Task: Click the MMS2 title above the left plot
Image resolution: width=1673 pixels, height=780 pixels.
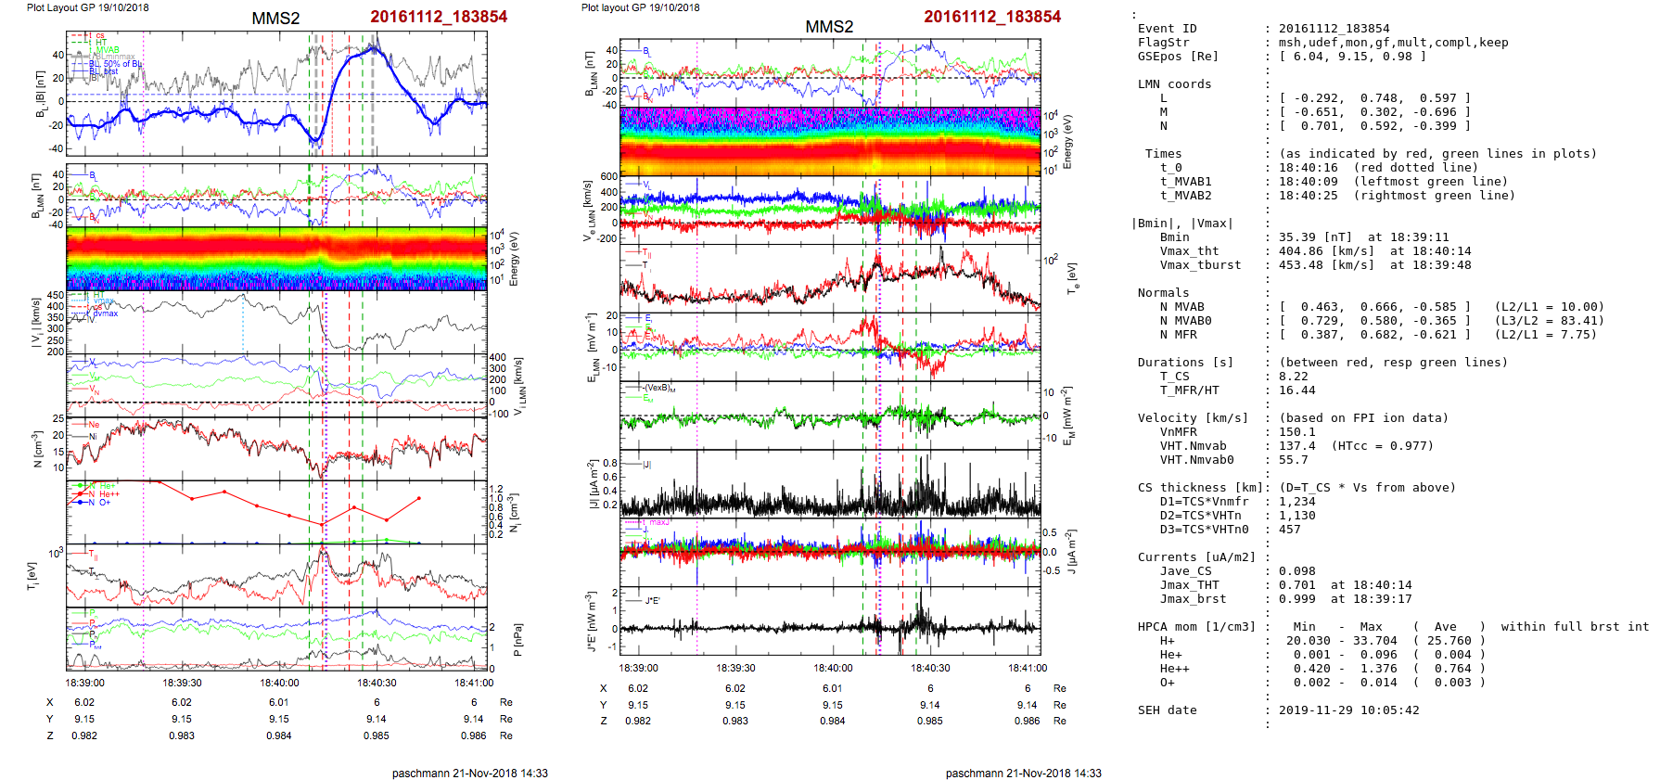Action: (275, 19)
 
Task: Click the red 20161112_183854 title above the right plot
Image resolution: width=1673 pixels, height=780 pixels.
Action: (991, 17)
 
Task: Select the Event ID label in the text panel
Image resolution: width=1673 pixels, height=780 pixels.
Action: (1167, 29)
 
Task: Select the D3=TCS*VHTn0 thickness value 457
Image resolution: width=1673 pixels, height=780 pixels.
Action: (1289, 530)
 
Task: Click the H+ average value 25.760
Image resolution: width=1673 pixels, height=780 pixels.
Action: (1449, 641)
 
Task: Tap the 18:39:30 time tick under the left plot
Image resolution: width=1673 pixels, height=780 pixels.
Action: (182, 683)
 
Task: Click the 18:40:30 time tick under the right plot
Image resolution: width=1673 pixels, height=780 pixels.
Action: (930, 668)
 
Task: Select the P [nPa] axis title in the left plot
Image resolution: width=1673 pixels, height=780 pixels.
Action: (517, 638)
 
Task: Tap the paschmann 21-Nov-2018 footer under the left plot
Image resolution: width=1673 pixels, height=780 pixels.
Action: (469, 773)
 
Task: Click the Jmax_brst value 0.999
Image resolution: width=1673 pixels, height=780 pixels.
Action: (1296, 599)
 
